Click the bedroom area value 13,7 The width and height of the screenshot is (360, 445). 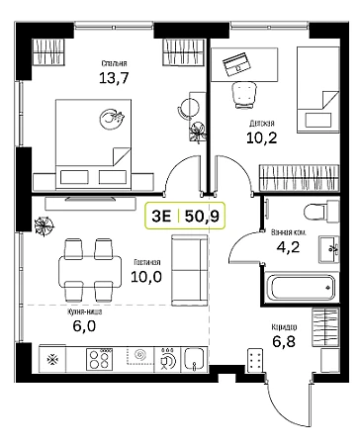pos(114,78)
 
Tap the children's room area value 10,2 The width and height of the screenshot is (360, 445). pos(262,137)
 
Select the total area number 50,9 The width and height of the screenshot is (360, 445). pos(202,216)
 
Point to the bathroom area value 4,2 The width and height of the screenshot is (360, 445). pos(288,246)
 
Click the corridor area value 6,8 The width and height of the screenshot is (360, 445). pos(284,341)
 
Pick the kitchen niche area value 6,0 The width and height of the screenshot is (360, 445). pos(84,326)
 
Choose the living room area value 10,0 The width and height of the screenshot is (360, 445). pos(146,277)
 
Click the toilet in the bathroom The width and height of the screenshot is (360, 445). pos(320,212)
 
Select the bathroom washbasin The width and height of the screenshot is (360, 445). pos(328,249)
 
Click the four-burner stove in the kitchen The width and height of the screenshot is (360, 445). pos(100,359)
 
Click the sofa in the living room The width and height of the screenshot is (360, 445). pos(190,270)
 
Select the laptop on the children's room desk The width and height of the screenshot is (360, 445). pos(236,64)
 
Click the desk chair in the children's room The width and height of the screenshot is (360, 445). pos(244,95)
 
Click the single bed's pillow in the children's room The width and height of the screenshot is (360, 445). pos(318,120)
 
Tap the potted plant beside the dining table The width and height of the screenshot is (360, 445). pos(45,226)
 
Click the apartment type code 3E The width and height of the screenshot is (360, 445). pos(161,216)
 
